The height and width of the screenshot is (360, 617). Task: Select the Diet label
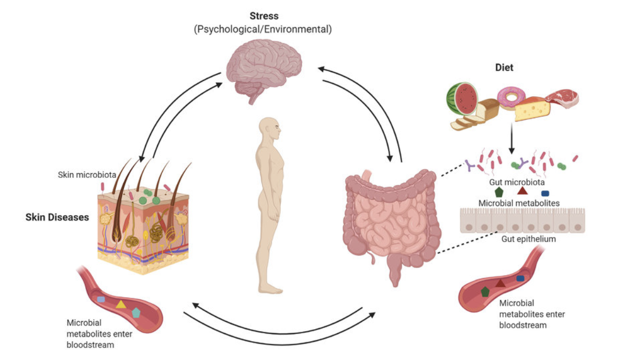coord(505,68)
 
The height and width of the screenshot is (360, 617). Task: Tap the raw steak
coord(562,97)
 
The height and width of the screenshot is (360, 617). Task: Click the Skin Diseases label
coord(57,217)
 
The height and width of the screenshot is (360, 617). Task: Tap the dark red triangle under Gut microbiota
coord(522,190)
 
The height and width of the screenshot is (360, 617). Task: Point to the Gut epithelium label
coord(520,239)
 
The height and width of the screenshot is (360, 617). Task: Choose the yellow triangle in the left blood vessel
coord(121,303)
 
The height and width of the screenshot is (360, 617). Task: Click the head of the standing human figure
coord(271,129)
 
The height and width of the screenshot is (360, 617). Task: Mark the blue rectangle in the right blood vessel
coord(520,278)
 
